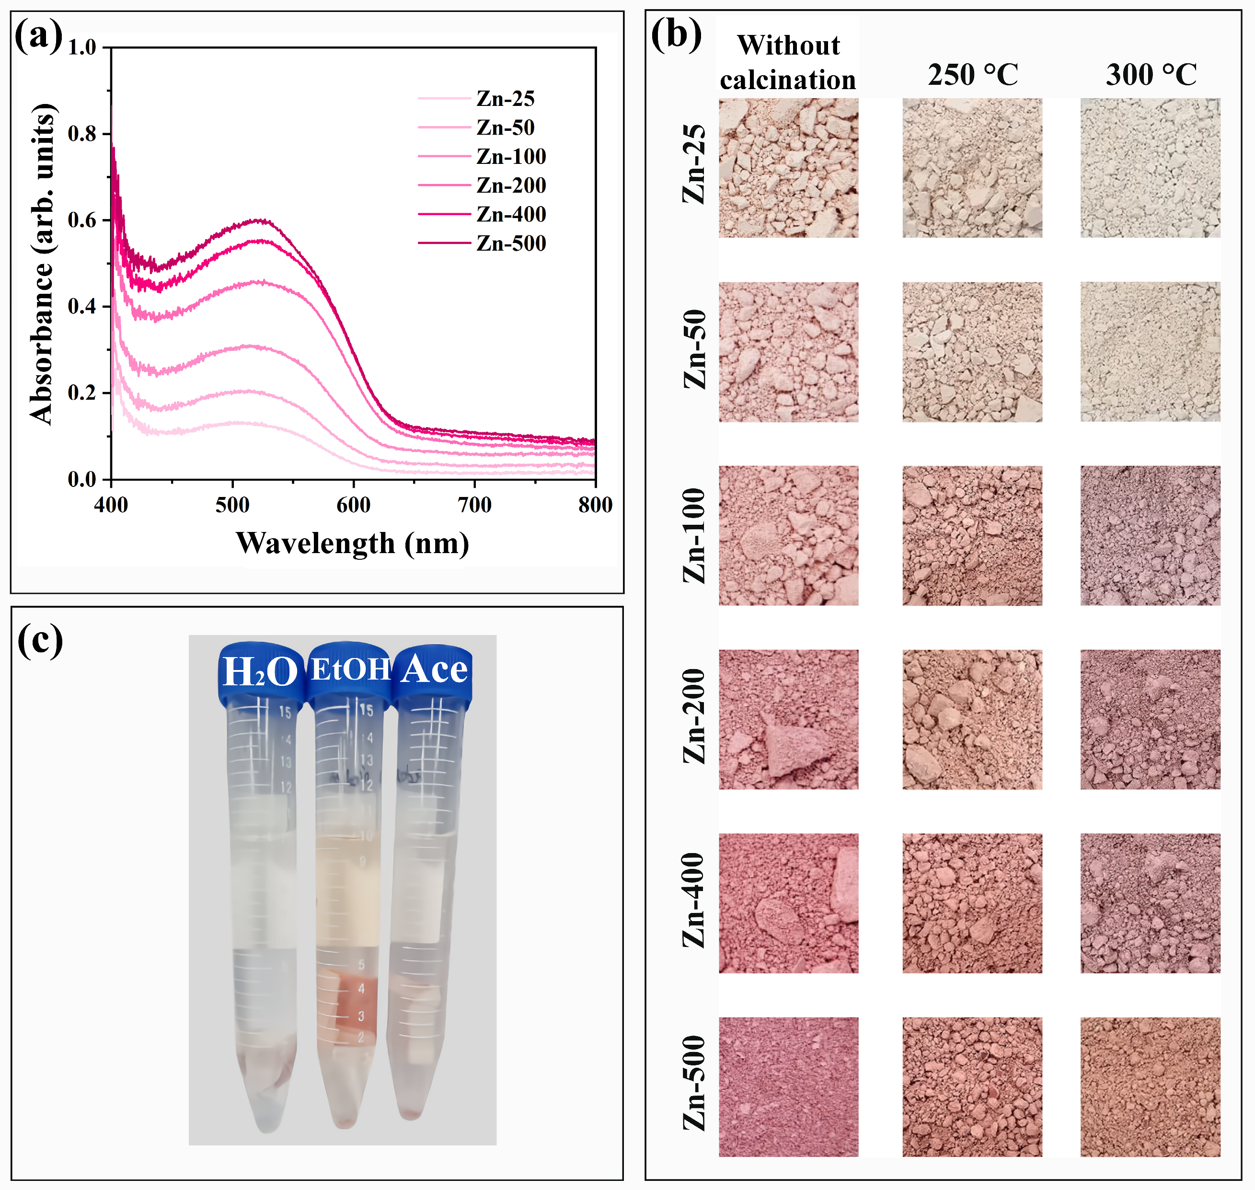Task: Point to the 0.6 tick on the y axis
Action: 82,220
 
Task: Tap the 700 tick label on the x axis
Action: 474,505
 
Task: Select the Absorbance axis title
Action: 42,263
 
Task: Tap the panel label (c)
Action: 39,641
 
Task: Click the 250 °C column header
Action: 972,75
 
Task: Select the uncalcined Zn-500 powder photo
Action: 788,1086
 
